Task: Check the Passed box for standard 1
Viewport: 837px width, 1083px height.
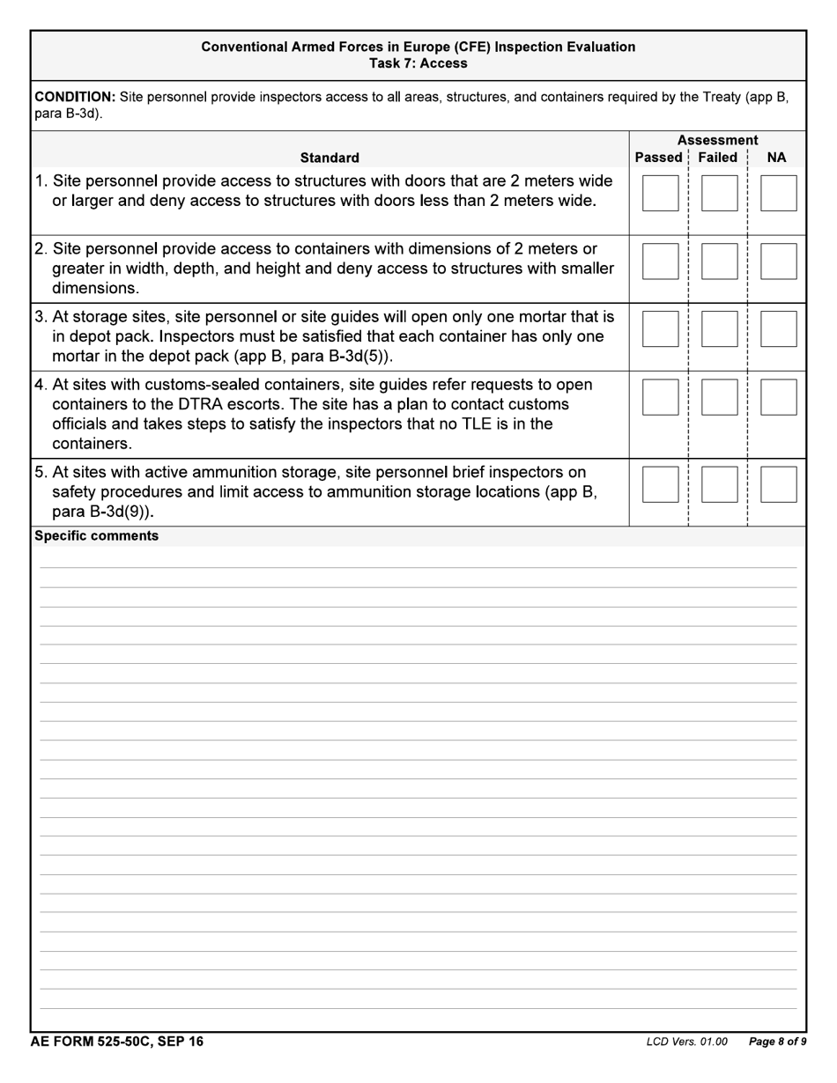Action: (x=660, y=193)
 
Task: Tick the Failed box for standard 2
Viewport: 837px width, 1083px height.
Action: (x=719, y=262)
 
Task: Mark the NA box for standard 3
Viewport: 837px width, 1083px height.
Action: (x=778, y=328)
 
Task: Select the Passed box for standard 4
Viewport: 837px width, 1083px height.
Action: (x=660, y=397)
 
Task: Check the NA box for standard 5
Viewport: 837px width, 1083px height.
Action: (x=778, y=484)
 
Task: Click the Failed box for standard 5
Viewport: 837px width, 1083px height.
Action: (x=719, y=484)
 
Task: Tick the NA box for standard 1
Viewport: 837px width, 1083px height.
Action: (x=778, y=193)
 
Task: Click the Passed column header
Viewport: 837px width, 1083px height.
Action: (x=658, y=158)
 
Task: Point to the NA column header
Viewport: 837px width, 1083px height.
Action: (x=776, y=158)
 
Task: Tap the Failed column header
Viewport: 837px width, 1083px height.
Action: (x=717, y=158)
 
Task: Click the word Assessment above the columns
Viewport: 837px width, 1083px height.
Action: (x=717, y=140)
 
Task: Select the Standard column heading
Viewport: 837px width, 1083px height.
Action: (x=330, y=158)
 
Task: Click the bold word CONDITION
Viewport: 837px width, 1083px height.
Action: (x=75, y=96)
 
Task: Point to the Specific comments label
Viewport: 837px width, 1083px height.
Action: (x=96, y=535)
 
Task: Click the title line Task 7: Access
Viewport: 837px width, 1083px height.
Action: (x=418, y=63)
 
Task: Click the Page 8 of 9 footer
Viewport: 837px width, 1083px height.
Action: (x=777, y=1042)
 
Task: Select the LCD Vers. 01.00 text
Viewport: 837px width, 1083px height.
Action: (x=686, y=1042)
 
